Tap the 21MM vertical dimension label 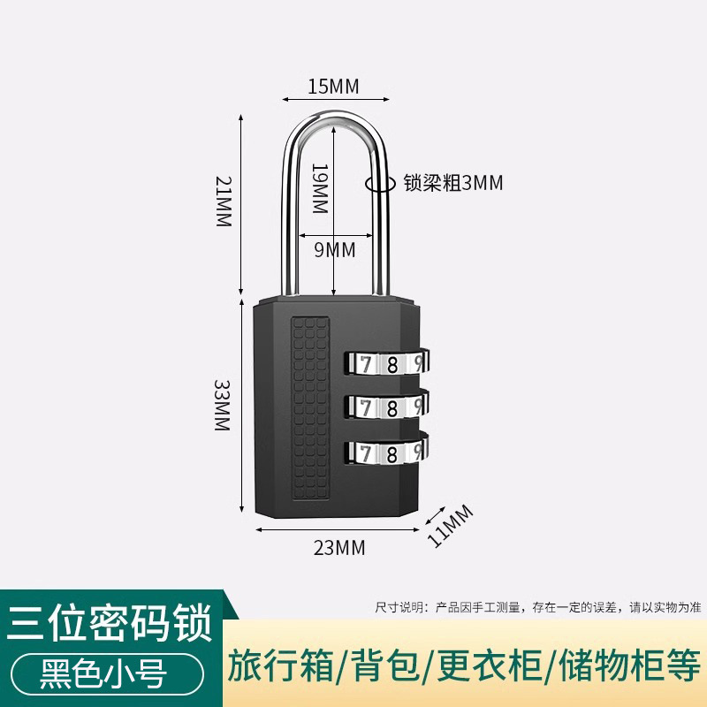pyautogui.click(x=223, y=202)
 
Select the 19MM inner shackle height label pyautogui.click(x=320, y=189)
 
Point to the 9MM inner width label pyautogui.click(x=335, y=250)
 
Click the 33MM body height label pyautogui.click(x=222, y=405)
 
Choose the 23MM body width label pyautogui.click(x=339, y=548)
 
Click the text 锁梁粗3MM pyautogui.click(x=452, y=183)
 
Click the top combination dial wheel pyautogui.click(x=385, y=361)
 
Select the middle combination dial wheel pyautogui.click(x=385, y=406)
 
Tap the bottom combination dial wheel pyautogui.click(x=385, y=452)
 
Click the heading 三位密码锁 pyautogui.click(x=110, y=624)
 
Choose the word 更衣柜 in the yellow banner pyautogui.click(x=477, y=663)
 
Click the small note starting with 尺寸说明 pyautogui.click(x=537, y=607)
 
